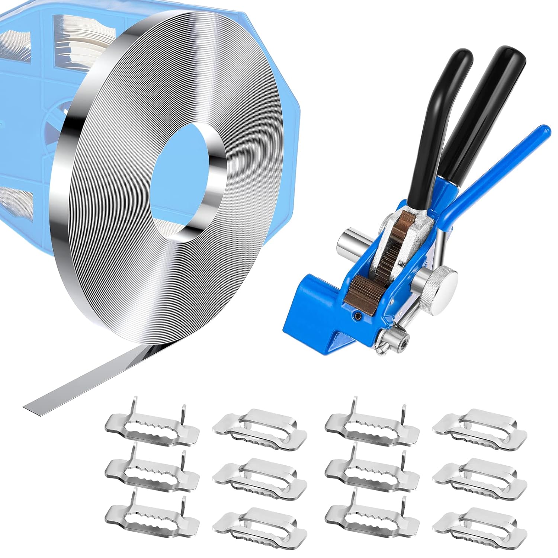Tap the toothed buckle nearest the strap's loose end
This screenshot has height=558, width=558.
pos(153,424)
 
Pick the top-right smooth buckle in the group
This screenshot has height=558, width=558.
pos(480,424)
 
